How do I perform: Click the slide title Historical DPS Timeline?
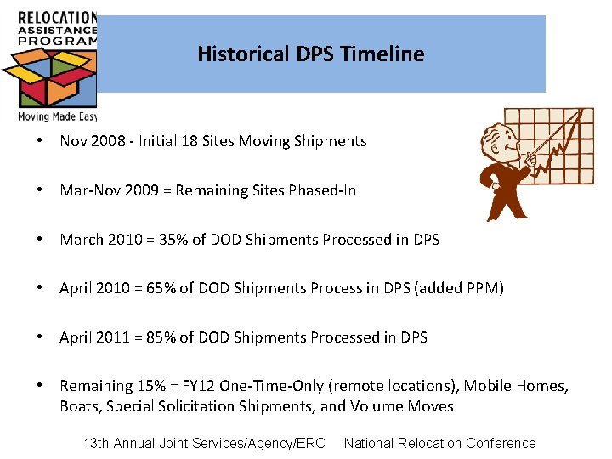[x=310, y=54]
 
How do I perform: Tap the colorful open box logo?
[x=48, y=77]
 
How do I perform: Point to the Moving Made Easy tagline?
[x=57, y=116]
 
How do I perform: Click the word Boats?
[x=80, y=406]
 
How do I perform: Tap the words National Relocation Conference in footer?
[x=439, y=443]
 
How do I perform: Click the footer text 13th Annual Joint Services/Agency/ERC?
[x=205, y=443]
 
